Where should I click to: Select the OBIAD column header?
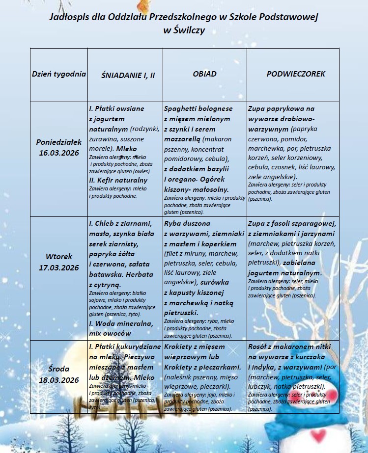(204, 74)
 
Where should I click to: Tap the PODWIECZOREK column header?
(296, 74)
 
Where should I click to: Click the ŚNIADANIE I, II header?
(128, 75)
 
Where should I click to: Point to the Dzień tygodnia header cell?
(59, 74)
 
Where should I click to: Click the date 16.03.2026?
(59, 152)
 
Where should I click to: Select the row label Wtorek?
(59, 257)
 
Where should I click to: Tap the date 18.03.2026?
(59, 380)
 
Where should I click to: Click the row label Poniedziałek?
(59, 142)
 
